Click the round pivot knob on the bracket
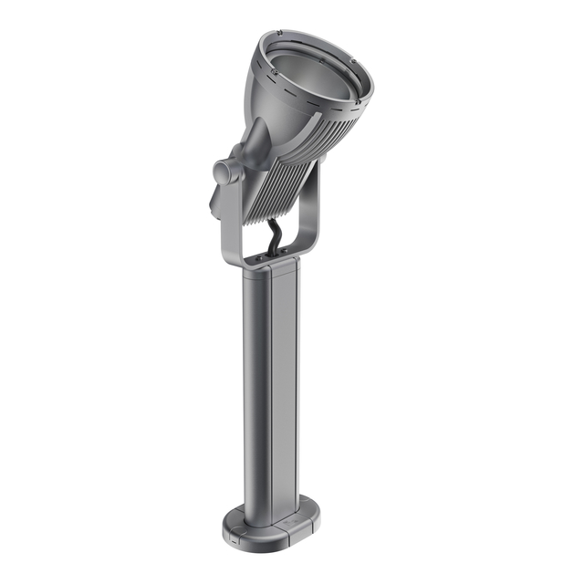224,171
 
